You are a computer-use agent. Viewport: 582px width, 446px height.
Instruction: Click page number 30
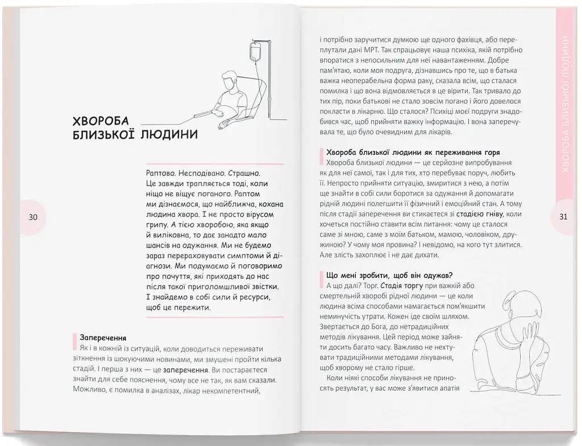tap(33, 217)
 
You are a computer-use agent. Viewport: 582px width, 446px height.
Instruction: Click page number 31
tap(563, 217)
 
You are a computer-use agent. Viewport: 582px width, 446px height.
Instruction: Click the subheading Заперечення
tap(103, 337)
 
